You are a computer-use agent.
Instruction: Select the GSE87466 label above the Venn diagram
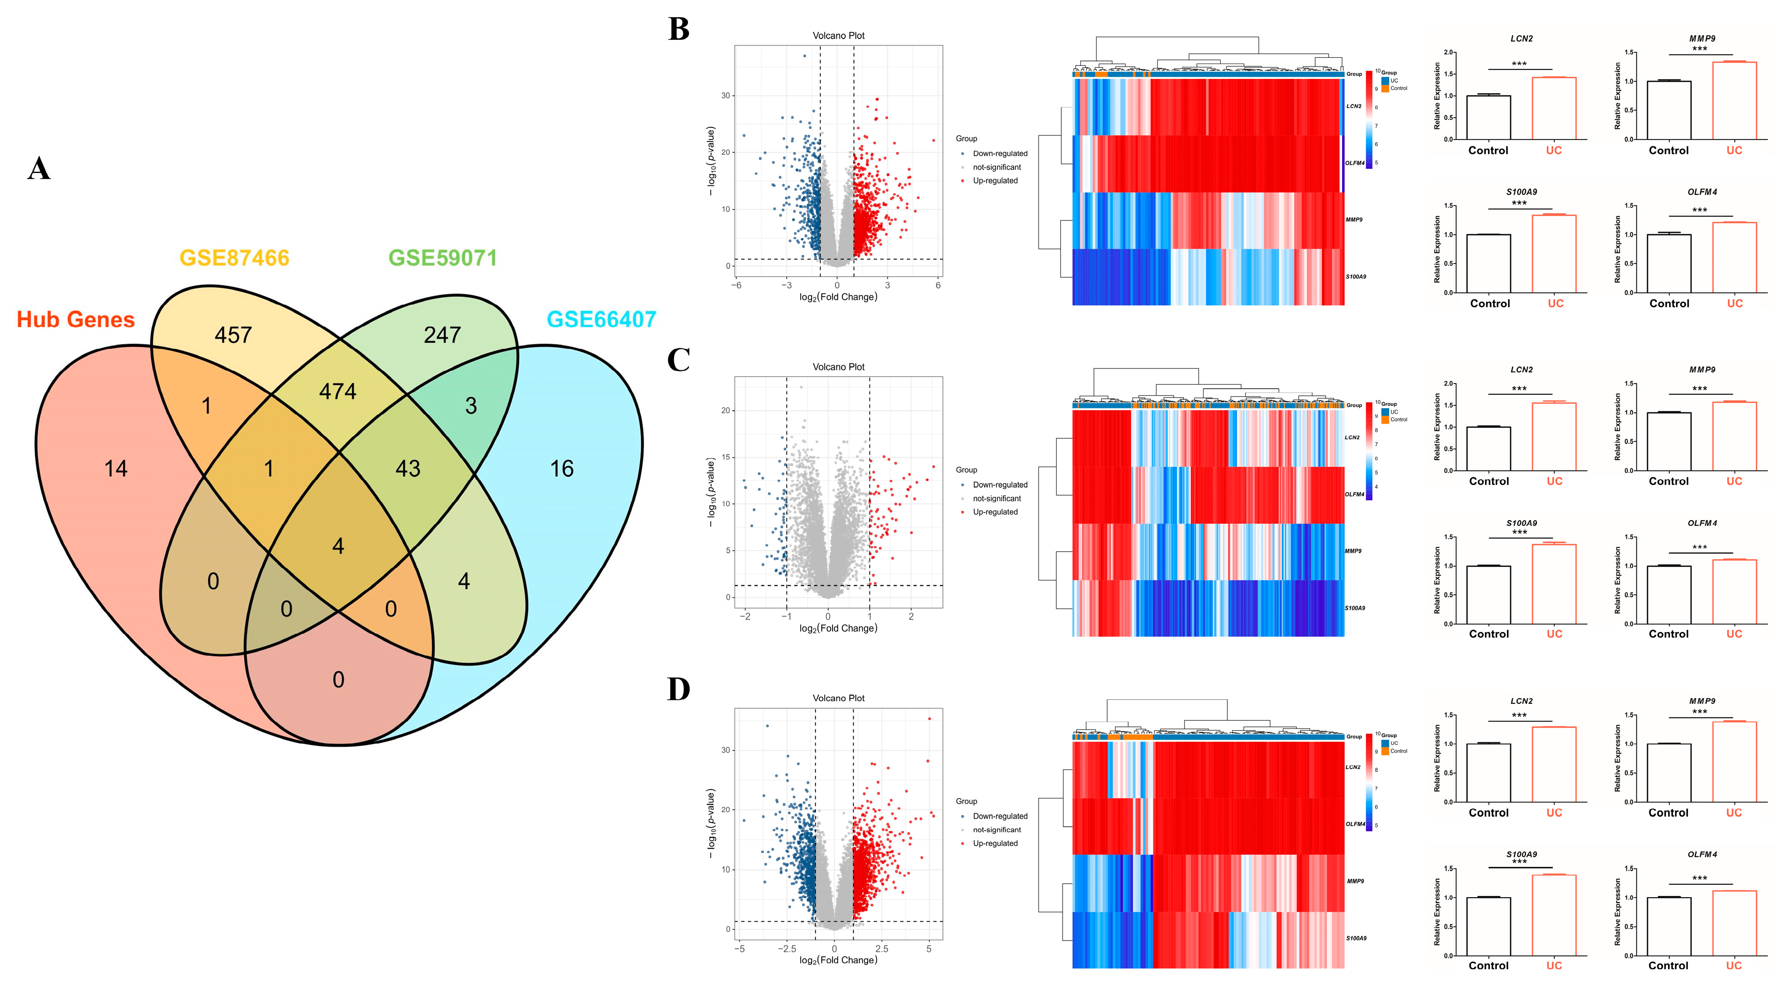234,258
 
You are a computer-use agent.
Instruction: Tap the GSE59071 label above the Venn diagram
442,258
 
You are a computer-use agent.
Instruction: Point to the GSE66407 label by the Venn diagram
601,319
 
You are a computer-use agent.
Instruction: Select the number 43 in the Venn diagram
408,469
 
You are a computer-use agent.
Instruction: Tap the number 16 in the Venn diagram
561,469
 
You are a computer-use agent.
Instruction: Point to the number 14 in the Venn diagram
115,469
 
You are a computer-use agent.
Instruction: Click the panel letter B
678,30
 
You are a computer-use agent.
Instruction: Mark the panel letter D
678,689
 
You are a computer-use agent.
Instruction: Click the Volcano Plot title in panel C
838,367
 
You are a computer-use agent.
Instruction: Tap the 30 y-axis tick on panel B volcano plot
725,95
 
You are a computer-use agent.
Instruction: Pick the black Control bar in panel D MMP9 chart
1668,773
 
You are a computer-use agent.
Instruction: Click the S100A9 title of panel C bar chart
1521,523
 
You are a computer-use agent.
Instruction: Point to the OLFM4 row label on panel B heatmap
1354,163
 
